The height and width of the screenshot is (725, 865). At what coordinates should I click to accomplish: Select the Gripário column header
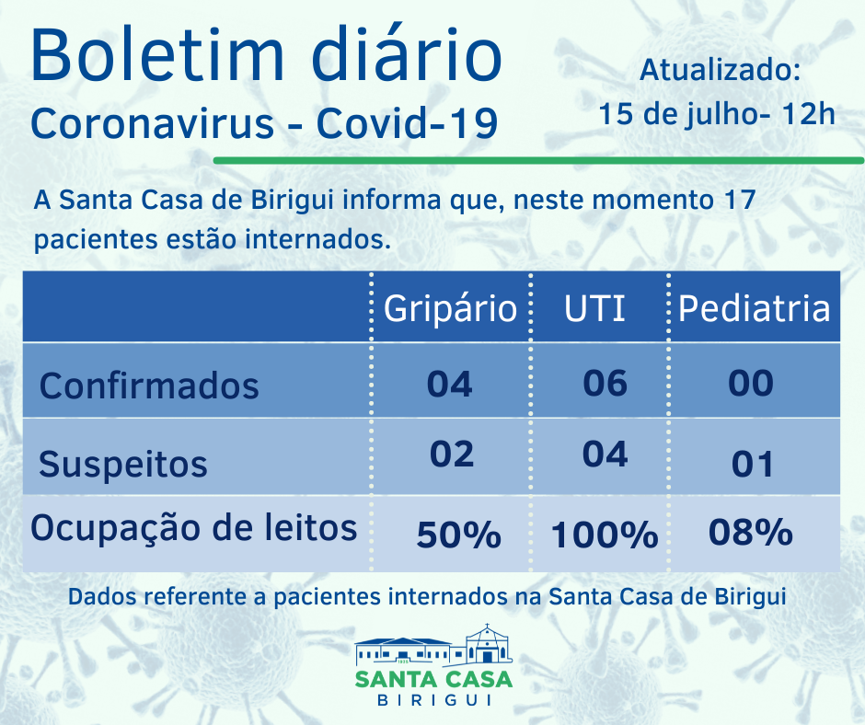pos(450,308)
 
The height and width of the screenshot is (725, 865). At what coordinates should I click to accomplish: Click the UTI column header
pos(594,308)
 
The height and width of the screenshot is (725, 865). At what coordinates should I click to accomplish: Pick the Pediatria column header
pos(754,308)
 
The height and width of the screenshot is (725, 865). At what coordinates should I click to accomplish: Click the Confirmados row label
pos(149,385)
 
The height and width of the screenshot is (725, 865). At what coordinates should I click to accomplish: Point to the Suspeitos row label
pos(123,464)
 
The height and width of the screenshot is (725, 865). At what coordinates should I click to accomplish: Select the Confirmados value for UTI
pos(605,382)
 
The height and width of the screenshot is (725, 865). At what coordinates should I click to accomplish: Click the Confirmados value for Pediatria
pos(751,383)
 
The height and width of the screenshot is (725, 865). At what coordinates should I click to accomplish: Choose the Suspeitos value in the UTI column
pos(605,455)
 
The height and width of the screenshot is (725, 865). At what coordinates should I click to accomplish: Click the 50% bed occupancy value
pos(458,535)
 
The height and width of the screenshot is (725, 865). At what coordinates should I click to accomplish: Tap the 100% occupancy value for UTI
pos(605,535)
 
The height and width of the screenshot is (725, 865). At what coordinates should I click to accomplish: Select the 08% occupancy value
pos(751,532)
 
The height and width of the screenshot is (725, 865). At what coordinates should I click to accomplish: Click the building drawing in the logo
pos(433,648)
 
